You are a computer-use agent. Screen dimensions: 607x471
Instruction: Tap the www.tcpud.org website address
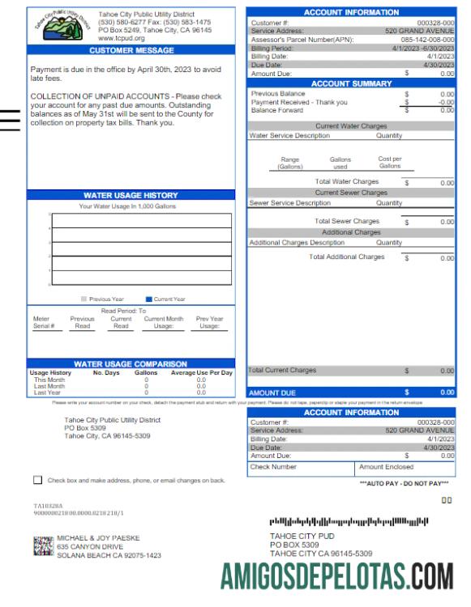[121, 37]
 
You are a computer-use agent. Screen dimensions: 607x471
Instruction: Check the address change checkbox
[38, 479]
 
